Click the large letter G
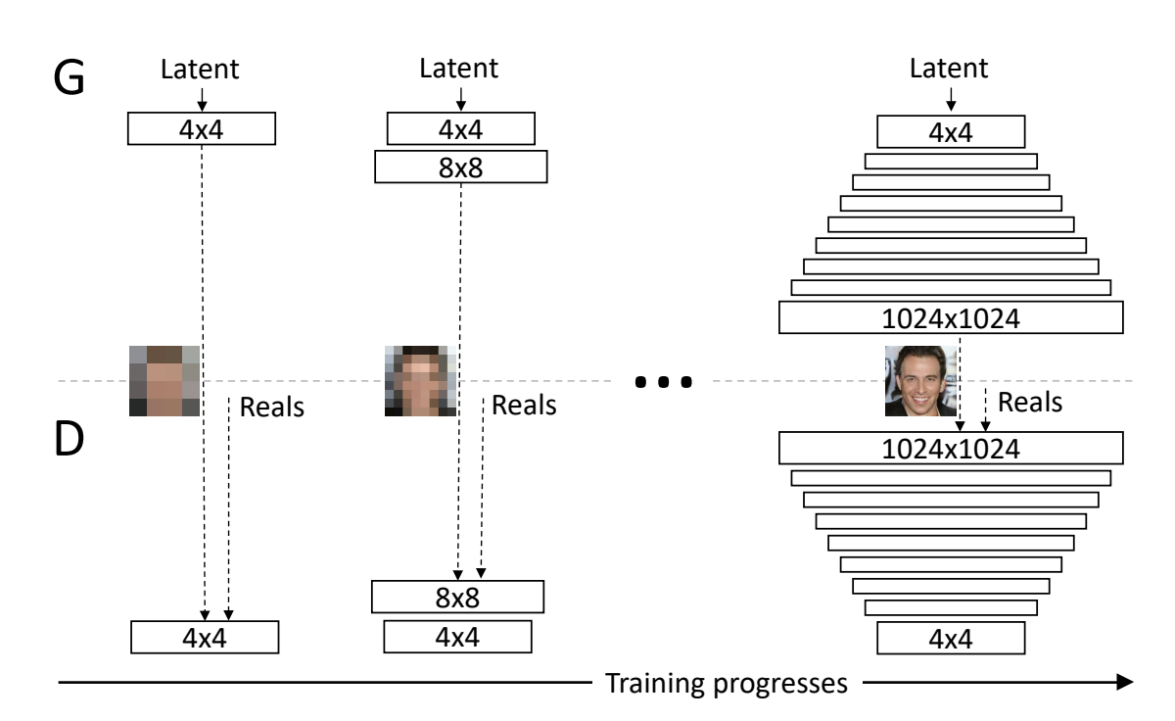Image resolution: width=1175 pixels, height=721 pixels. coord(71,77)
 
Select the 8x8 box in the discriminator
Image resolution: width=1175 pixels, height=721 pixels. coord(457,597)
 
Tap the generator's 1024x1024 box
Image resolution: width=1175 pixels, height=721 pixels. coord(950,318)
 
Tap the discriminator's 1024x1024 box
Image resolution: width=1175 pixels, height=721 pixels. coord(950,448)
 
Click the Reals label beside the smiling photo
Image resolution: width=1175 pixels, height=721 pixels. coord(1029,402)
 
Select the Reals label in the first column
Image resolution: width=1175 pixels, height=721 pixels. coord(271,407)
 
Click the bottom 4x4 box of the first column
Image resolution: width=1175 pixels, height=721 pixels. coord(205,637)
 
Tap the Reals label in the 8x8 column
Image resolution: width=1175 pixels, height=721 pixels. coord(524,404)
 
